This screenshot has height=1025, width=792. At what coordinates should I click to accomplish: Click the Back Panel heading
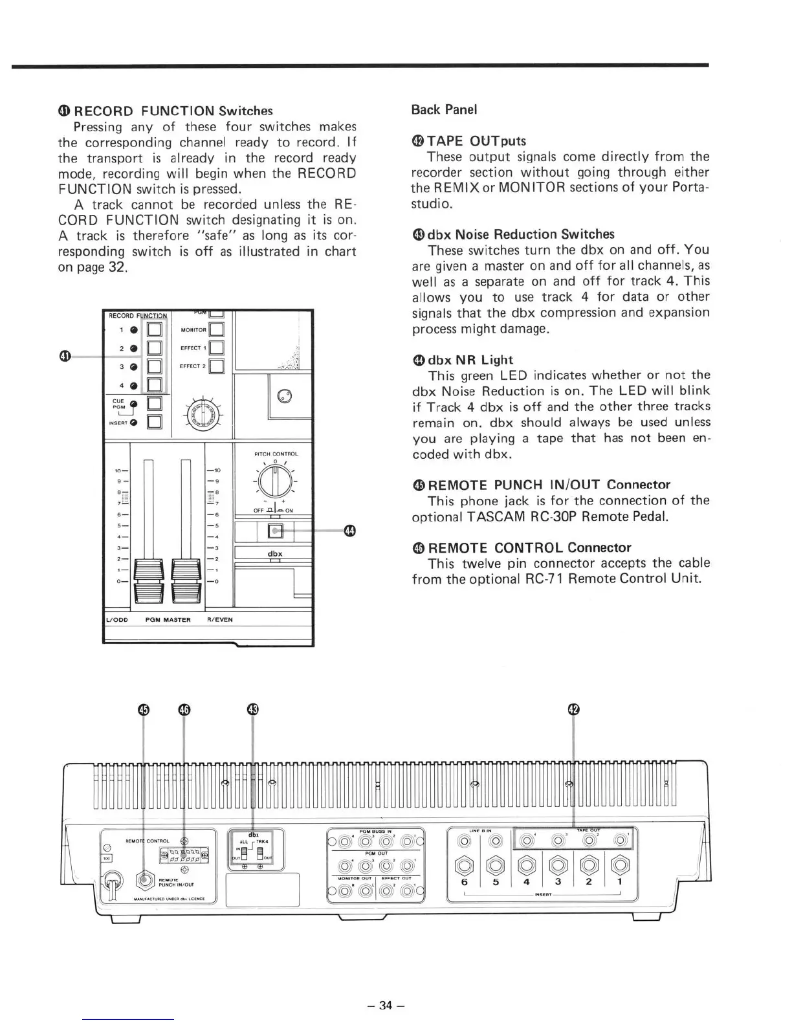click(x=444, y=109)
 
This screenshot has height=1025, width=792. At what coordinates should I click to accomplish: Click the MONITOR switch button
click(x=217, y=331)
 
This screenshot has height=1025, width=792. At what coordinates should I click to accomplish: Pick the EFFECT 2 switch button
click(x=217, y=367)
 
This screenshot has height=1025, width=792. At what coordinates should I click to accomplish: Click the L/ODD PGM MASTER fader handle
click(x=150, y=579)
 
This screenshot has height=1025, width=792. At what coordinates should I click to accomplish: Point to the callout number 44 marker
click(x=350, y=531)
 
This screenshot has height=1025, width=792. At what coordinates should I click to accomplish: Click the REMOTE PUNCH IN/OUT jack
click(x=144, y=881)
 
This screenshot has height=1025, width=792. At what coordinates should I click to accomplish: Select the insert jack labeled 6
click(x=464, y=864)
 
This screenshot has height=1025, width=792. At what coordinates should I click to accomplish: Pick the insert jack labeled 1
click(x=620, y=864)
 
